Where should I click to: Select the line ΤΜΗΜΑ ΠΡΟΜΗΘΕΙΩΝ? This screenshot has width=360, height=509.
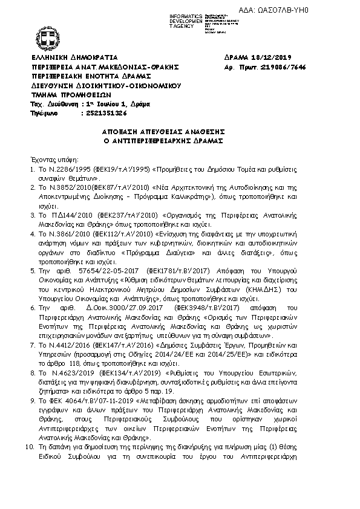(71, 95)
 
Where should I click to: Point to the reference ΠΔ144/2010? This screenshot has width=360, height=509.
(72, 214)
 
